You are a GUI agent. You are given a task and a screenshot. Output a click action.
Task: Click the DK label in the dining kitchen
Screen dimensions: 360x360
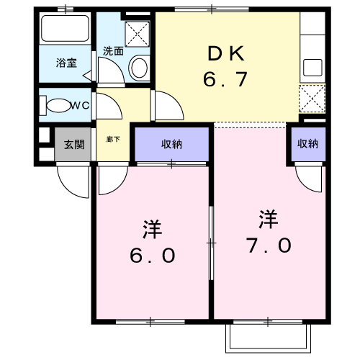click(x=228, y=53)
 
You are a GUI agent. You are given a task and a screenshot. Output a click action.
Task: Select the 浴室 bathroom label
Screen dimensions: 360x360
click(x=66, y=63)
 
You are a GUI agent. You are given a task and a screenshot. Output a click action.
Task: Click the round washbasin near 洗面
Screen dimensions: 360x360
click(x=139, y=68)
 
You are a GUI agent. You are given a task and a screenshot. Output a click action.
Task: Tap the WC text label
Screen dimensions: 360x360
click(x=78, y=106)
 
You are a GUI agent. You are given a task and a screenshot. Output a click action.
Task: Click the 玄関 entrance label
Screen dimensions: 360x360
click(x=73, y=145)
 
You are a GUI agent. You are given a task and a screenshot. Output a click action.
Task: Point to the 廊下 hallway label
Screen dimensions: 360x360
click(x=112, y=138)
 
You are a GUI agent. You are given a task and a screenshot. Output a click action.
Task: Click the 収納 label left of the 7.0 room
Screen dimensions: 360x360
click(x=171, y=144)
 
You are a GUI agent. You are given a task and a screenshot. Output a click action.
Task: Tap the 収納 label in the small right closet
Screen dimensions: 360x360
click(x=307, y=144)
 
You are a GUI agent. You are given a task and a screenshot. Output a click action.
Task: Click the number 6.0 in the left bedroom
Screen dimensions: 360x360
click(x=151, y=256)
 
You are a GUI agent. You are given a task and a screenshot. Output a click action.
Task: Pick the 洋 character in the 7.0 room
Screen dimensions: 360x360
click(x=269, y=217)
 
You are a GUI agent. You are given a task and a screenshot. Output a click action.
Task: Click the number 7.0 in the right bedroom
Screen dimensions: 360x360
click(x=269, y=245)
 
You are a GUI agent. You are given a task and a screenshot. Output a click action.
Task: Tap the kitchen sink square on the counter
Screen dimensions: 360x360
click(x=312, y=68)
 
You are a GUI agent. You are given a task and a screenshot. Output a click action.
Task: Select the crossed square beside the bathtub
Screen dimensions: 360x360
click(x=135, y=32)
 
